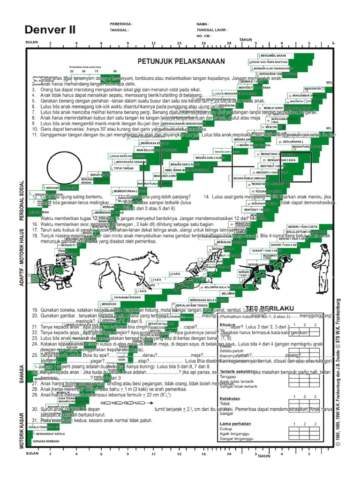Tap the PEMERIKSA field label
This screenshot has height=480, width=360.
click(121, 23)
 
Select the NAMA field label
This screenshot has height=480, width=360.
click(202, 23)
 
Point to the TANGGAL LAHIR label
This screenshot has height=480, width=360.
click(212, 29)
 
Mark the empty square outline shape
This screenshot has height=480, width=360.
click(295, 167)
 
